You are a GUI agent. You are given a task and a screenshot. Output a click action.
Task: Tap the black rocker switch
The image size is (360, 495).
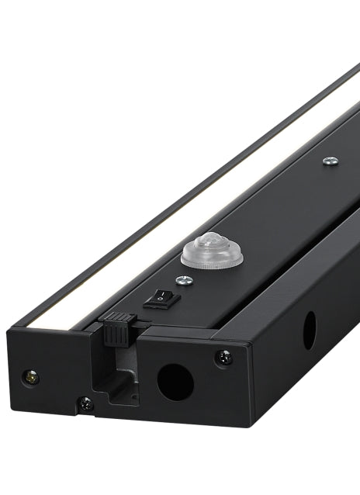pos(161,297)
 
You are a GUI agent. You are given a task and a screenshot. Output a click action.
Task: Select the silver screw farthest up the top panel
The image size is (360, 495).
pos(331,161)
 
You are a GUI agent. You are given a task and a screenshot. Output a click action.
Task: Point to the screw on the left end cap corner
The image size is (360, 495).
pos(32,377)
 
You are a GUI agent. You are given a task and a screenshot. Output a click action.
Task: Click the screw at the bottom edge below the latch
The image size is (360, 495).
pos(85,403)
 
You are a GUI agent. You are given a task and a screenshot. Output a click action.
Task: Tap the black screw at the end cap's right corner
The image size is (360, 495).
pos(223,357)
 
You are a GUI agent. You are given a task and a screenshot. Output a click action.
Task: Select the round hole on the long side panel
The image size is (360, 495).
pos(309,331)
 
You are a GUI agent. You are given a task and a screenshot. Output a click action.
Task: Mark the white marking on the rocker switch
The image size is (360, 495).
pos(158,295)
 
